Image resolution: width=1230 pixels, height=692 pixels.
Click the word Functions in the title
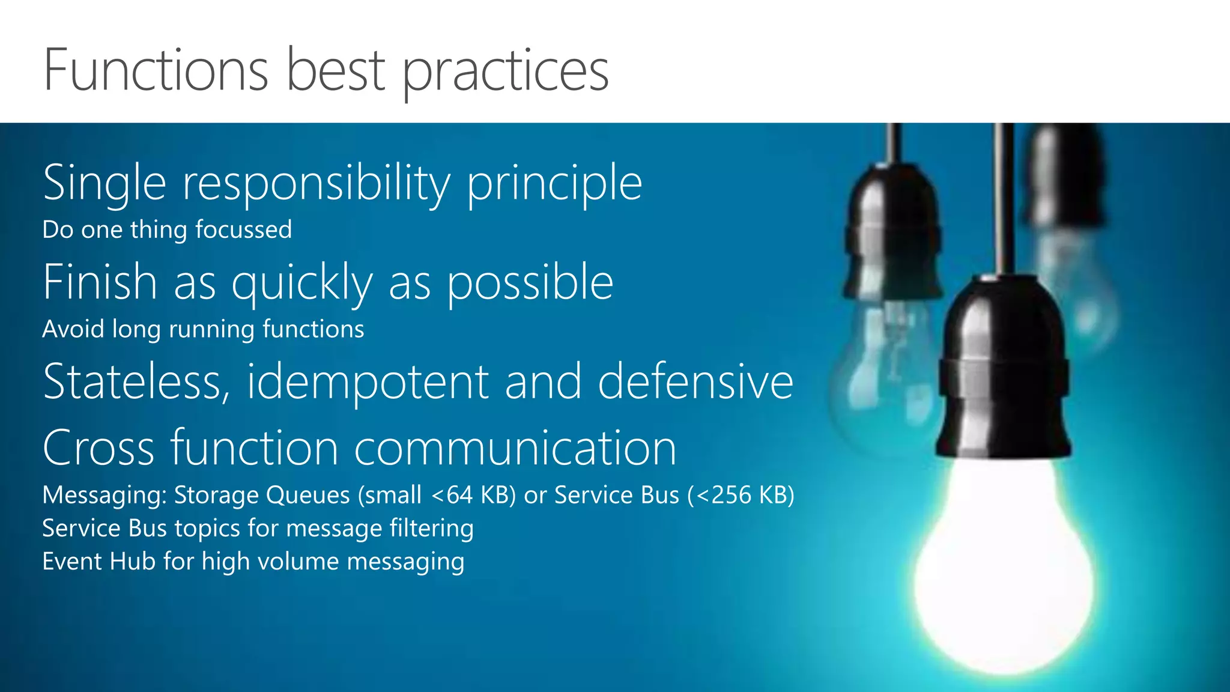pyautogui.click(x=156, y=71)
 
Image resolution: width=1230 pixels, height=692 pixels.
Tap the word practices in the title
pyautogui.click(x=505, y=72)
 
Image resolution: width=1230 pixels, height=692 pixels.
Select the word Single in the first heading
pyautogui.click(x=105, y=183)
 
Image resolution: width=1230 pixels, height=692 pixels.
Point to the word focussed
pyautogui.click(x=243, y=230)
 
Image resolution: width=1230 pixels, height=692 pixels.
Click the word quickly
pyautogui.click(x=302, y=283)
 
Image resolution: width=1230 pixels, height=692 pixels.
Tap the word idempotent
pyautogui.click(x=368, y=382)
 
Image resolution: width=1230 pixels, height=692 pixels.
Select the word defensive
pyautogui.click(x=695, y=382)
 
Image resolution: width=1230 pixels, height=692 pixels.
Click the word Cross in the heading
pyautogui.click(x=98, y=448)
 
